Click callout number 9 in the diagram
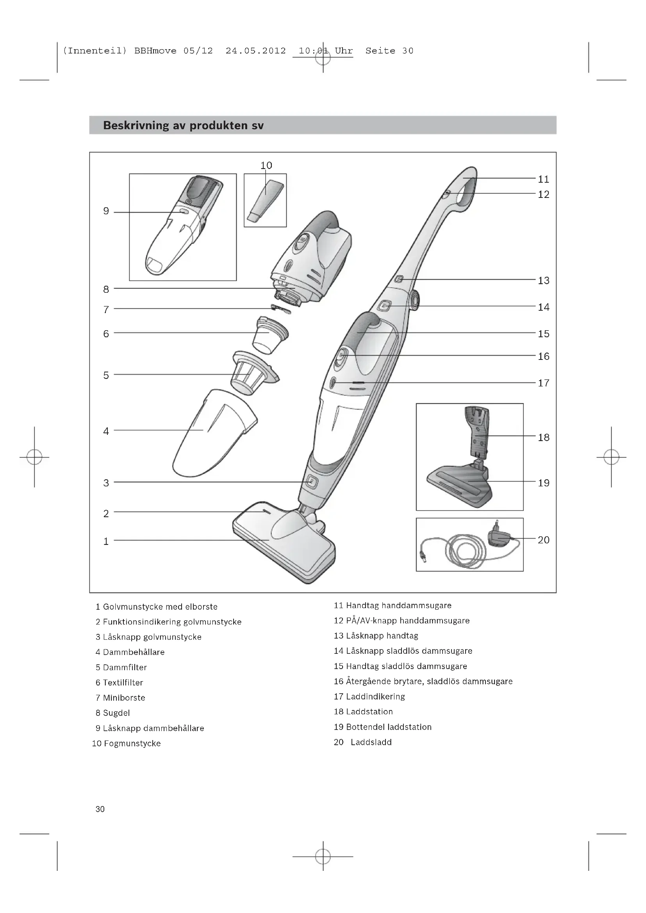click(106, 211)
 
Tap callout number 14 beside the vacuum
click(543, 307)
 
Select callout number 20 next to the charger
click(543, 540)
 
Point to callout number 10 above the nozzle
click(266, 166)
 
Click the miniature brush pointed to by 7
click(280, 309)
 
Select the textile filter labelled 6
click(270, 334)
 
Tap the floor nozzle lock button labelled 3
click(311, 482)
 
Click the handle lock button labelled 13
click(399, 279)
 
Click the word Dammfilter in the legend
click(125, 667)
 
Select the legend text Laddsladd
click(371, 742)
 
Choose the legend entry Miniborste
click(124, 698)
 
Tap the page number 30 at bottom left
click(100, 809)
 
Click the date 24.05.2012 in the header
click(255, 51)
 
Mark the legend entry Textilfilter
click(123, 683)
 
